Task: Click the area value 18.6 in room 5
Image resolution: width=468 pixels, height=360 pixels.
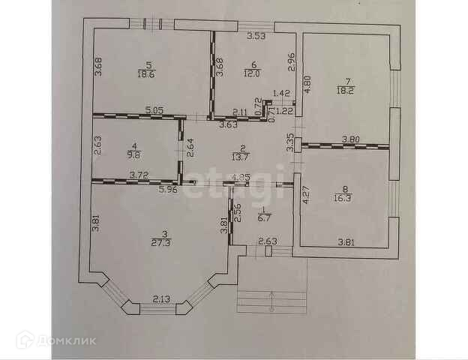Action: [x=147, y=73]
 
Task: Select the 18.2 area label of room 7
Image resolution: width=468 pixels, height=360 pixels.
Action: [x=346, y=89]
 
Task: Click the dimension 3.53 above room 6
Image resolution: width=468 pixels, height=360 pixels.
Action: [x=257, y=34]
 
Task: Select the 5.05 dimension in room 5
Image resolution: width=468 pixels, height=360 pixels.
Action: [x=154, y=111]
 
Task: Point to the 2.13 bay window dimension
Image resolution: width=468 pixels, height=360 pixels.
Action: [x=162, y=299]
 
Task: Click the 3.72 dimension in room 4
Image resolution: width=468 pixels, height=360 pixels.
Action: [x=139, y=175]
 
